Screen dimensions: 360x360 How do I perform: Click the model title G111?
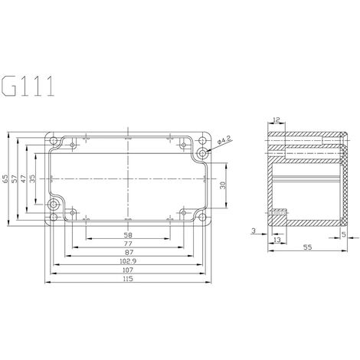coord(28,86)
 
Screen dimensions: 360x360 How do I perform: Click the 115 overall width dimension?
coord(127,279)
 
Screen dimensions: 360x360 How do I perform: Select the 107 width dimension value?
coord(127,270)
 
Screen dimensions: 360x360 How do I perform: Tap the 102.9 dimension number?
coord(127,260)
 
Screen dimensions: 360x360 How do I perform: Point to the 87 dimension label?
coord(127,251)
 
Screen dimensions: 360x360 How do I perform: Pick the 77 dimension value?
coord(127,242)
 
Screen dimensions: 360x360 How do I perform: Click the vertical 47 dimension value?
coord(24,178)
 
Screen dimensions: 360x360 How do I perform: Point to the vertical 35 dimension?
coord(33,178)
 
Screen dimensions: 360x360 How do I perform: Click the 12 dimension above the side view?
coord(276,121)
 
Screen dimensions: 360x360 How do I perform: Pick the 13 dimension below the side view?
coord(276,239)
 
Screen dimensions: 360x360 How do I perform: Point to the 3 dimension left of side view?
coord(253,229)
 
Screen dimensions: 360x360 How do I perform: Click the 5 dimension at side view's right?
coord(344,236)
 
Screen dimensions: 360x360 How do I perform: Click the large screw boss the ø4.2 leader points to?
coord(202,152)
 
